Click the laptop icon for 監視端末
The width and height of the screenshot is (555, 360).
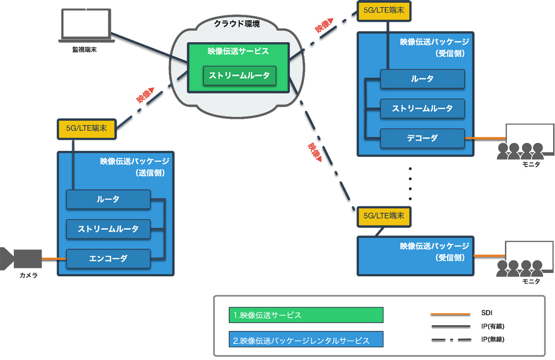[x=86, y=26]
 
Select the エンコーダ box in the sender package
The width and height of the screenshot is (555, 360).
[x=108, y=259]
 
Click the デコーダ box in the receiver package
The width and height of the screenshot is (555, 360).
[x=422, y=138]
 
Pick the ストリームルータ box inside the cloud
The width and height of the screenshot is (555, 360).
[x=240, y=76]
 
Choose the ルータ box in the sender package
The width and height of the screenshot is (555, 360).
[x=108, y=199]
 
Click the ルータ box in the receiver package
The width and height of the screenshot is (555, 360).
[x=422, y=79]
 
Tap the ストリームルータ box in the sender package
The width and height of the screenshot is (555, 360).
[x=108, y=229]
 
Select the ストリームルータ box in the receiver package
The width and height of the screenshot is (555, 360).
[x=422, y=109]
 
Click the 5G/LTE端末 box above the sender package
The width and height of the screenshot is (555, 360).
[x=86, y=129]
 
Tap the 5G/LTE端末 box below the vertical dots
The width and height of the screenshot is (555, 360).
[x=384, y=216]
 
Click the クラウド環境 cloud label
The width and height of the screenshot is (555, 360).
[x=236, y=23]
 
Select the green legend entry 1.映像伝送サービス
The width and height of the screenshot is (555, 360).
[x=306, y=315]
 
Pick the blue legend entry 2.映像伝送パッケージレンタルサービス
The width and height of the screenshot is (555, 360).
[x=306, y=341]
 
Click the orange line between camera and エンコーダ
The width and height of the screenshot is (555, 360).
[x=54, y=259]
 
